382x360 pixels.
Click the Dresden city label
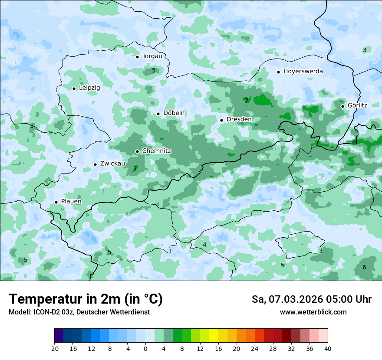pyautogui.click(x=239, y=119)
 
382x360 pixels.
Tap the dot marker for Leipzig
pyautogui.click(x=74, y=88)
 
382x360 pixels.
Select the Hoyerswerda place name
pyautogui.click(x=303, y=71)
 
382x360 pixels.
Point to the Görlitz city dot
pyautogui.click(x=342, y=106)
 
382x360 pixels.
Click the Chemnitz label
pyautogui.click(x=156, y=151)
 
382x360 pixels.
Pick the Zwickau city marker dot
pyautogui.click(x=95, y=164)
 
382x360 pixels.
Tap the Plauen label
pyautogui.click(x=71, y=202)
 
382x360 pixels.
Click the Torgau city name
pyautogui.click(x=152, y=56)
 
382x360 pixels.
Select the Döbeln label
pyautogui.click(x=174, y=113)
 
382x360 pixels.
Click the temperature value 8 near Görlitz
pyautogui.click(x=354, y=141)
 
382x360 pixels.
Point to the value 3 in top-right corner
pyautogui.click(x=365, y=50)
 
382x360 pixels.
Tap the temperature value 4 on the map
pyautogui.click(x=204, y=245)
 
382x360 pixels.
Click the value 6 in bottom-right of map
pyautogui.click(x=364, y=267)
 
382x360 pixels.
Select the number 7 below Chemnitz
pyautogui.click(x=135, y=169)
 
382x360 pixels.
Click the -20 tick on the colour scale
pyautogui.click(x=54, y=349)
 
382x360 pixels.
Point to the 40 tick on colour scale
pyautogui.click(x=328, y=349)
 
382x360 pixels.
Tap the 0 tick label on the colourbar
pyautogui.click(x=145, y=349)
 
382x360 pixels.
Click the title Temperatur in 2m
pyautogui.click(x=86, y=299)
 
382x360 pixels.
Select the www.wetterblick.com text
pyautogui.click(x=313, y=312)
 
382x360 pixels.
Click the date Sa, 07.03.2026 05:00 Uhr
pyautogui.click(x=311, y=299)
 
